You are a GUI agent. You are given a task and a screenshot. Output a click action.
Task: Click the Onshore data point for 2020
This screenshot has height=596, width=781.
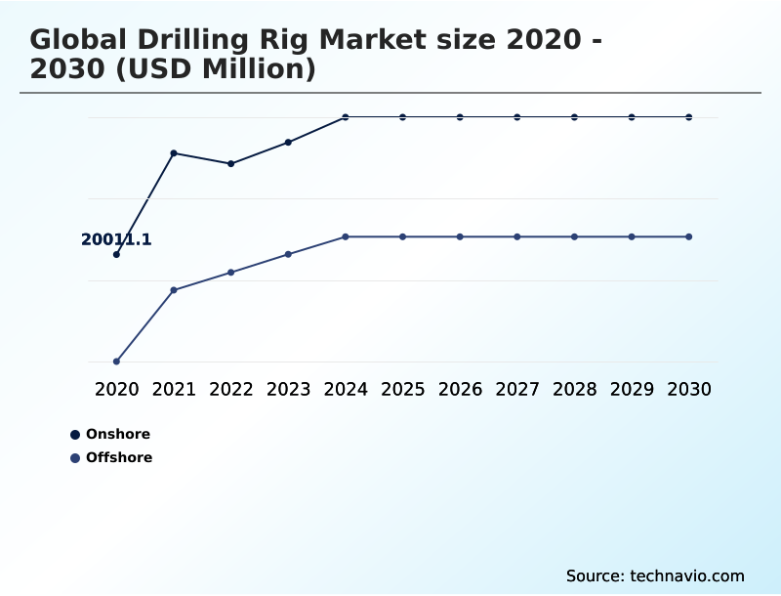(x=116, y=255)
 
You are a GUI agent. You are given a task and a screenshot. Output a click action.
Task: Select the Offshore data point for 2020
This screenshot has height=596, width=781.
(x=116, y=362)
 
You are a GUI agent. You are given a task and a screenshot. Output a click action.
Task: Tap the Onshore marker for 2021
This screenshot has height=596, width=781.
(x=174, y=153)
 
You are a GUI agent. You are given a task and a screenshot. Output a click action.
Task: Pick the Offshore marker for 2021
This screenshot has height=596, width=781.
(x=174, y=290)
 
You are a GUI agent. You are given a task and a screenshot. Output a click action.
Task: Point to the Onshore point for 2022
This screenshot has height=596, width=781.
(x=231, y=164)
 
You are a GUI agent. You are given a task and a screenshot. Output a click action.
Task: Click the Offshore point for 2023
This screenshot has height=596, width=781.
(x=288, y=254)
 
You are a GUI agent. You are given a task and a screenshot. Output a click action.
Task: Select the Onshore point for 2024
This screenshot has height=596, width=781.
(x=346, y=117)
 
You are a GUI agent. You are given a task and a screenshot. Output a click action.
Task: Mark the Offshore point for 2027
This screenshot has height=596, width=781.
(x=517, y=236)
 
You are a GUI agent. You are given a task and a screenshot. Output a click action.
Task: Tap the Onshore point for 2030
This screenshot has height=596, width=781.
(x=689, y=117)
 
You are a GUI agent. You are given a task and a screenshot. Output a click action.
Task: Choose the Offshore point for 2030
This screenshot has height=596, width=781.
(x=689, y=236)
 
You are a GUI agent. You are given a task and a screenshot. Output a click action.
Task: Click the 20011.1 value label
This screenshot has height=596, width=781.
(x=116, y=239)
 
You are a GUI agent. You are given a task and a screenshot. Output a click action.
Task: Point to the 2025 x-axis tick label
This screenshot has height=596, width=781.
(x=402, y=389)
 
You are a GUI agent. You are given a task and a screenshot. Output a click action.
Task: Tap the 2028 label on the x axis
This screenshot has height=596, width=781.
(x=574, y=389)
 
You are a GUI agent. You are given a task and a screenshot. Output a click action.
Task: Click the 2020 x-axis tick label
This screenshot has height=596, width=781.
(x=116, y=389)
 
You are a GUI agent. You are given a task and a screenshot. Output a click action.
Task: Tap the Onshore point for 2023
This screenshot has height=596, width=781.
(x=288, y=143)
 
